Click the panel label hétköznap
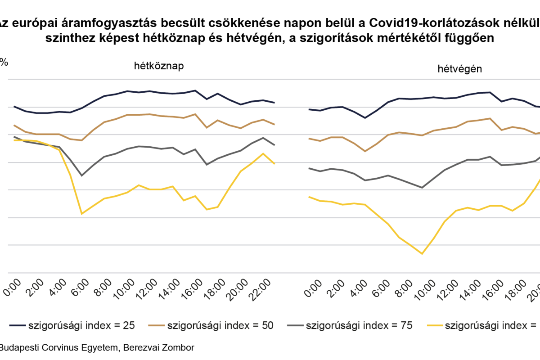click(x=159, y=66)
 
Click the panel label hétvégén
click(x=459, y=69)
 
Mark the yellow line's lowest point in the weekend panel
click(x=422, y=254)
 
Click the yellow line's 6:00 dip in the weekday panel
click(x=81, y=214)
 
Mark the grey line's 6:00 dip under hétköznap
click(x=81, y=175)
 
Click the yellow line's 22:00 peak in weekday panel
click(x=263, y=153)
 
